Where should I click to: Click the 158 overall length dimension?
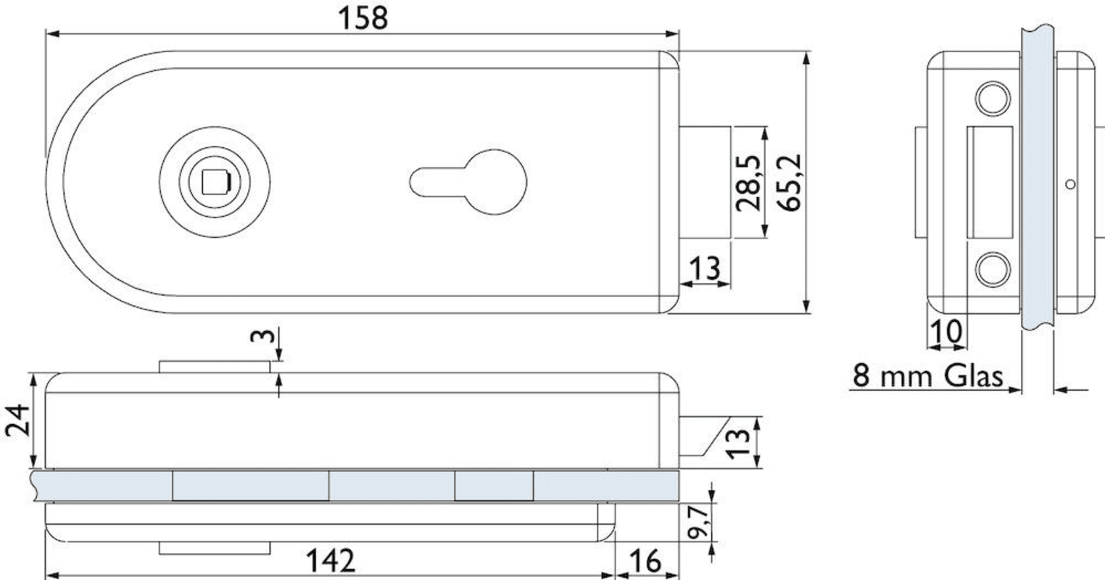[363, 18]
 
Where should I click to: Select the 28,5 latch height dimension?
[748, 183]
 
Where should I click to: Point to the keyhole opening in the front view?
[468, 182]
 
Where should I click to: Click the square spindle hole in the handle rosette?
[216, 182]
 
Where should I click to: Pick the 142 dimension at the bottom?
[331, 560]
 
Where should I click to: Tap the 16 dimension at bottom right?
[645, 560]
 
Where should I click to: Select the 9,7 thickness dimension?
[698, 522]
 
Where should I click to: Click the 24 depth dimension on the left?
[17, 420]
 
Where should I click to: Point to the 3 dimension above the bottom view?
[262, 336]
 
